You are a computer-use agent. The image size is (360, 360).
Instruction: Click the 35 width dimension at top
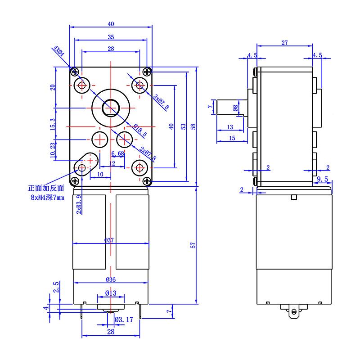(111, 37)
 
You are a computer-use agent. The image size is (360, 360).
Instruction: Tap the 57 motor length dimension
(193, 246)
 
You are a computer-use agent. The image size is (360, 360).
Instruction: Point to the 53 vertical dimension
(182, 126)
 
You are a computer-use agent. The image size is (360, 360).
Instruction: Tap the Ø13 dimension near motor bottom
(111, 293)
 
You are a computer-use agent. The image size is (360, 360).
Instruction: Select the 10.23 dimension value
(53, 150)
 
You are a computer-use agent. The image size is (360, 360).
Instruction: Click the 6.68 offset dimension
(117, 154)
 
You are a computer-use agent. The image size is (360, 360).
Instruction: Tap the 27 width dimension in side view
(284, 43)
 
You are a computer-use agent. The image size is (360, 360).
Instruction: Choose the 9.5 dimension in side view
(322, 179)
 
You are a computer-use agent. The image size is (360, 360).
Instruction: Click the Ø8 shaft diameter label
(235, 108)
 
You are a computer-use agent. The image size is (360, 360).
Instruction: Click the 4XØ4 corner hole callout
(58, 50)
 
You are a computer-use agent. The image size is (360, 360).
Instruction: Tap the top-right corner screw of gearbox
(147, 72)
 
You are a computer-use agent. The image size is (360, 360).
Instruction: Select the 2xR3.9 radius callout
(79, 204)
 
